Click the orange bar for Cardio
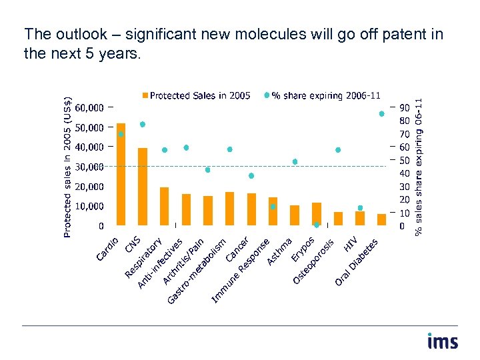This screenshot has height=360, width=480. coord(121,174)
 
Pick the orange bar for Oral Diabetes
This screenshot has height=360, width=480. coord(381,219)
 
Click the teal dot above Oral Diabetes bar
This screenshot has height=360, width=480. coord(381,114)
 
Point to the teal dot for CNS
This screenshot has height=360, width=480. coord(143,125)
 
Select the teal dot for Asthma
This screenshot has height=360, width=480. coord(273,207)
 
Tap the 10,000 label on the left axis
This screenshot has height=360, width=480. coord(89,207)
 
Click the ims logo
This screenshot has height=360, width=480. coord(442,341)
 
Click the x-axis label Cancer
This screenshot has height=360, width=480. coord(238,249)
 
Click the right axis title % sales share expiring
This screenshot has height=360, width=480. coord(418,167)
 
